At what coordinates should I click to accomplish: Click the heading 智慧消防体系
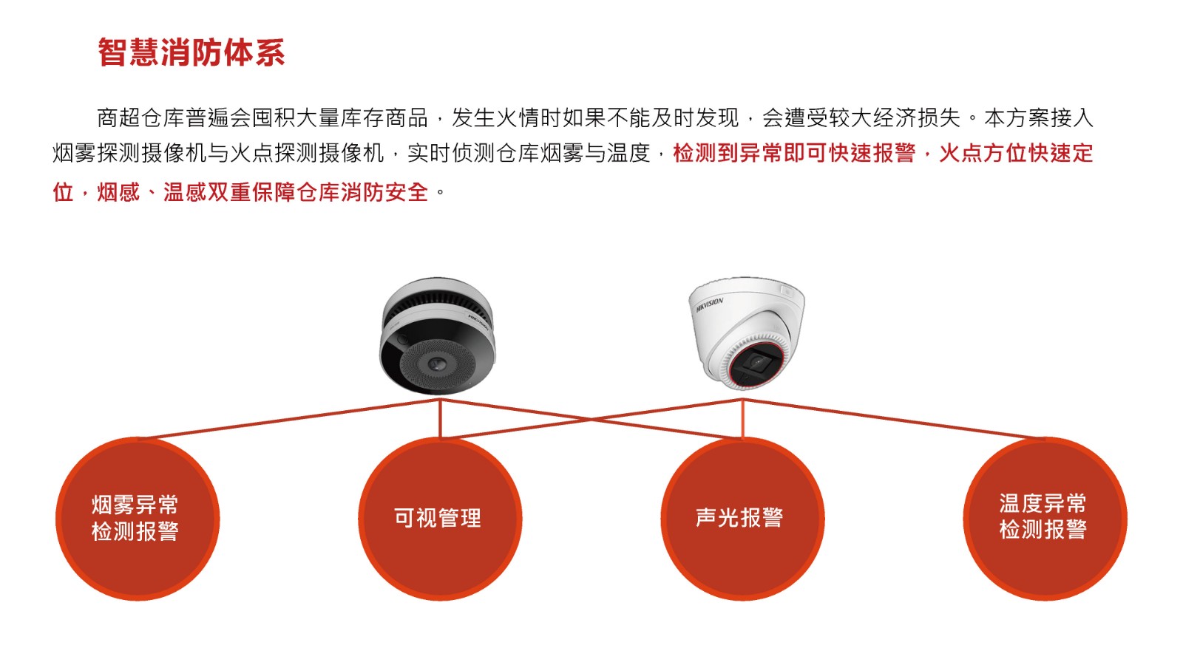pos(191,52)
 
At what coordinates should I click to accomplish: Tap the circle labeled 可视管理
pos(440,519)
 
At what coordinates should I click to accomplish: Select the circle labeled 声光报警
pos(742,519)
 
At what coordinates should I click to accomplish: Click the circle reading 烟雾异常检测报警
pos(138,519)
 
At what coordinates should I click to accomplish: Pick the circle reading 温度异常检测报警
pos(1045,519)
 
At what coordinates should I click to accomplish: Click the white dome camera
pos(747,332)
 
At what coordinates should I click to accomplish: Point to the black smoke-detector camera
pos(438,335)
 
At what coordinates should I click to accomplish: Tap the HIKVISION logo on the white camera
pos(709,304)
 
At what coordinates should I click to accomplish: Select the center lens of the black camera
pos(436,364)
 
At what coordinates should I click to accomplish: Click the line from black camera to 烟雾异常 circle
pos(289,418)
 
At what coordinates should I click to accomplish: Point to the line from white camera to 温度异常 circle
pos(894,418)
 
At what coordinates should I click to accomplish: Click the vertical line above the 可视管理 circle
pos(440,418)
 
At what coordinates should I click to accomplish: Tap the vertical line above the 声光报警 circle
pos(742,418)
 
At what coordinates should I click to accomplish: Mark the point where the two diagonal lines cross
pos(591,419)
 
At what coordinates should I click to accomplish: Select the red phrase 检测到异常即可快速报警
pos(794,154)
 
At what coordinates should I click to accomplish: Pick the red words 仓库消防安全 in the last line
pos(362,192)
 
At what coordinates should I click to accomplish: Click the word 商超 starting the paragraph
pos(119,117)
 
